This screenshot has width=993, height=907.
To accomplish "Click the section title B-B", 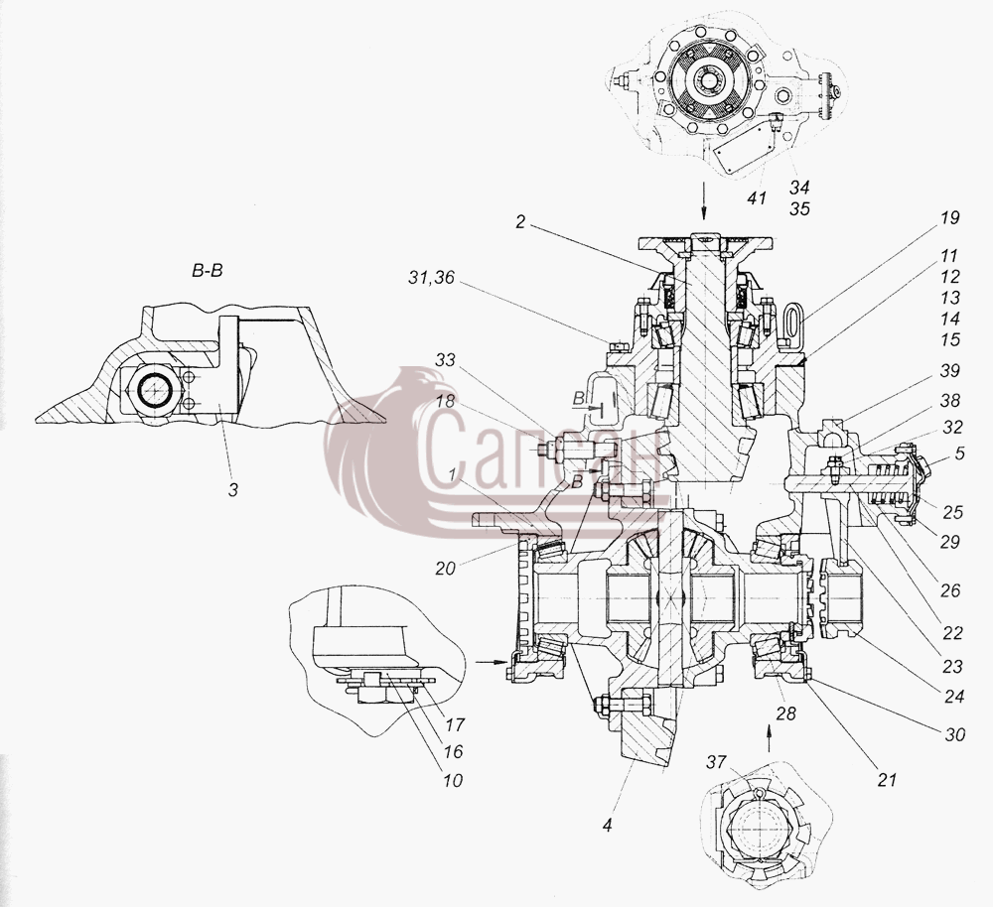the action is point(208,272).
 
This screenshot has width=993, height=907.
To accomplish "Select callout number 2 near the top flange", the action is point(520,223).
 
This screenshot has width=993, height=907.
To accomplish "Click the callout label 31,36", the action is point(431,277).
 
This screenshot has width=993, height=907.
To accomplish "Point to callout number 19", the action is point(950,217).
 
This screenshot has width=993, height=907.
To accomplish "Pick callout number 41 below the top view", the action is point(757,198).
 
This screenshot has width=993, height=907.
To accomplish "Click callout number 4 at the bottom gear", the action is point(608,825).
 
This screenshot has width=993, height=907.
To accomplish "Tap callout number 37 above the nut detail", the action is point(716,762).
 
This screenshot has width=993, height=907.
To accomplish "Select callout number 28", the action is point(785,713).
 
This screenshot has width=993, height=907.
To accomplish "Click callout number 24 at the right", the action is point(953,697).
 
